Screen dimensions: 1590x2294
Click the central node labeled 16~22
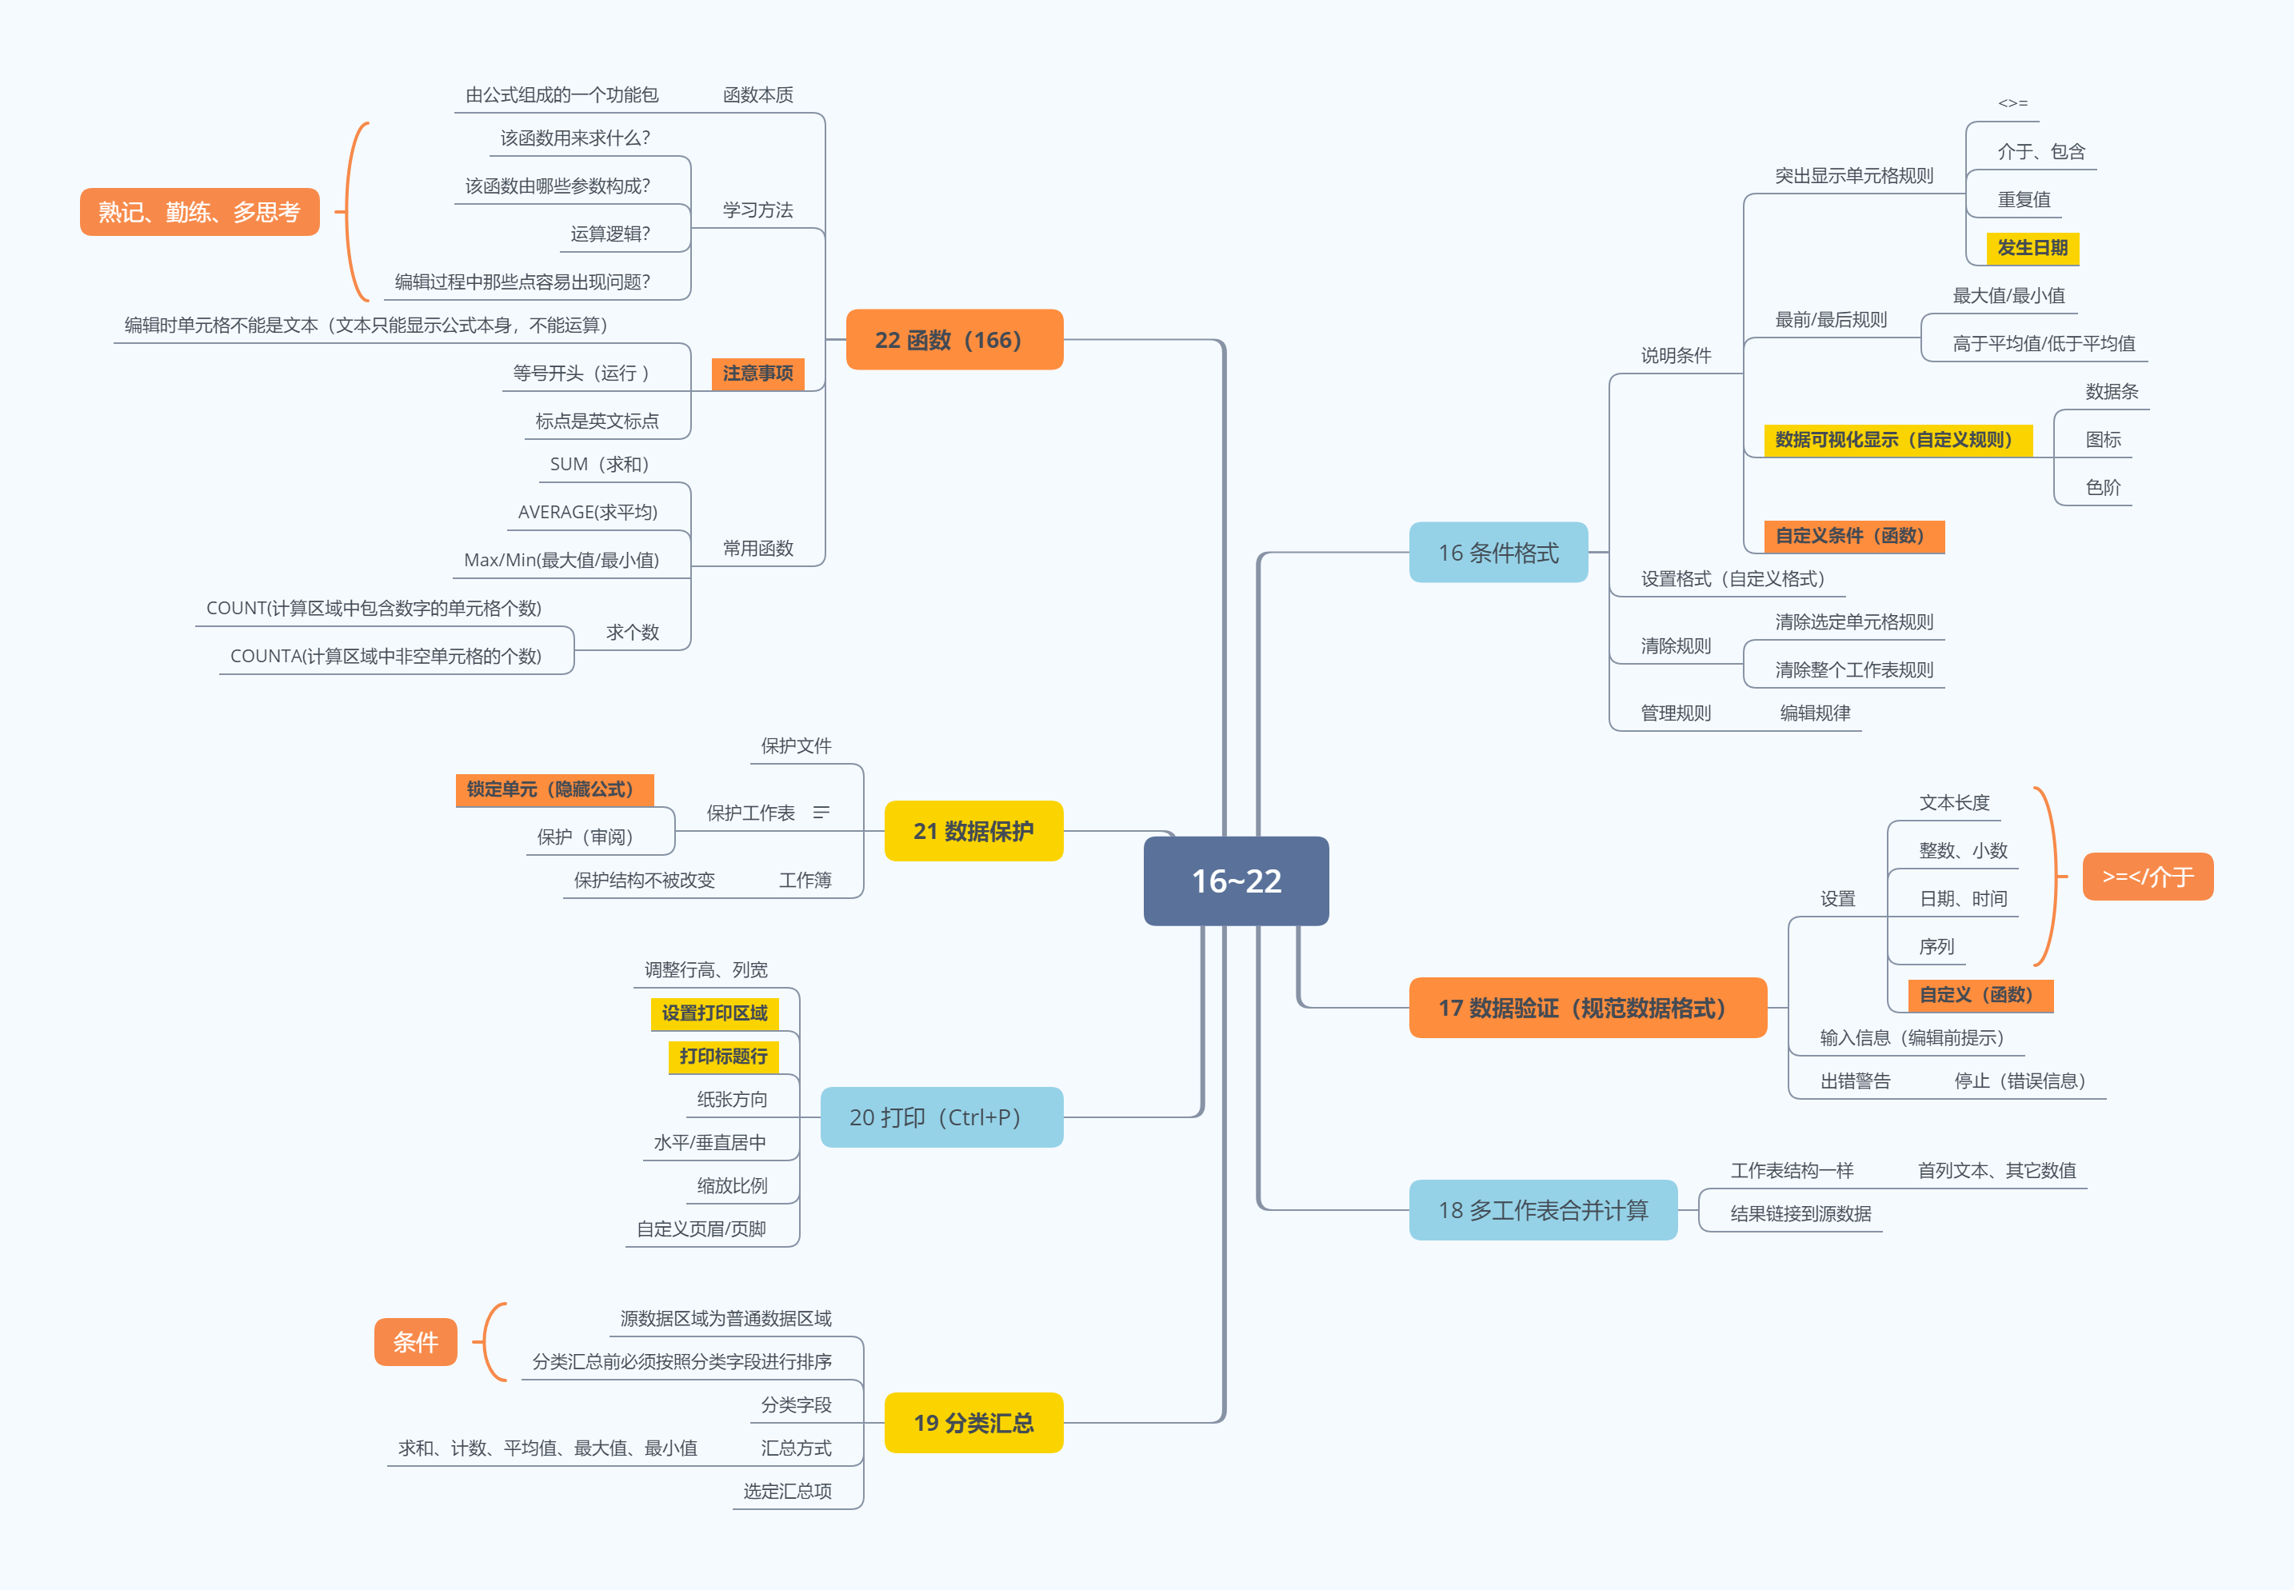click(1235, 881)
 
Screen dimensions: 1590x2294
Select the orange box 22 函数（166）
click(953, 340)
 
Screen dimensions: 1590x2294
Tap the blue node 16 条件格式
click(1497, 552)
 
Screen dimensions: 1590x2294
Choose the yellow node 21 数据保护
click(973, 831)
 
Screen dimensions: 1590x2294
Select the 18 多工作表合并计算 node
click(1542, 1209)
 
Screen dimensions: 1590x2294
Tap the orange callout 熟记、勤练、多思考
click(199, 211)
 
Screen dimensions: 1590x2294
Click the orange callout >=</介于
click(2148, 877)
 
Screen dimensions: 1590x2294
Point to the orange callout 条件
click(415, 1342)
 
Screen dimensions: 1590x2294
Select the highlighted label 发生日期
click(2032, 247)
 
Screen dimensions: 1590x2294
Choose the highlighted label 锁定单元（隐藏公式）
click(554, 789)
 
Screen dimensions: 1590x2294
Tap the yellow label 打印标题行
click(723, 1056)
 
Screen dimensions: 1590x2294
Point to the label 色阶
click(2103, 487)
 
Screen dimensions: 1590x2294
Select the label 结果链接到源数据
click(1800, 1213)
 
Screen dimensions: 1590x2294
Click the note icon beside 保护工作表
click(821, 813)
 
